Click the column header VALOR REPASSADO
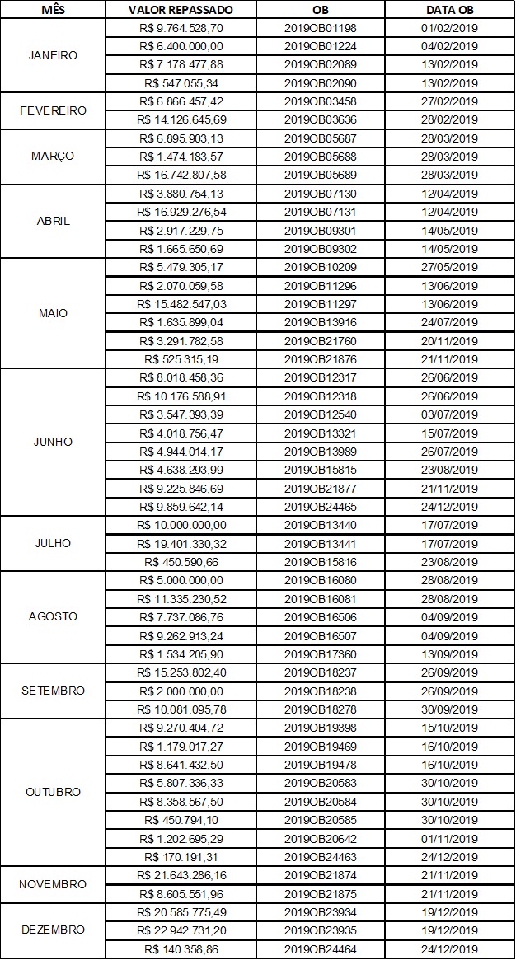click(181, 10)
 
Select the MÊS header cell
click(54, 10)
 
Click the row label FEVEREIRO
click(54, 110)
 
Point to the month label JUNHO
click(54, 442)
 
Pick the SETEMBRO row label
click(54, 691)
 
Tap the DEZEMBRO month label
click(54, 930)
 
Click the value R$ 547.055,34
click(185, 82)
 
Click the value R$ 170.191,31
click(185, 856)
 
